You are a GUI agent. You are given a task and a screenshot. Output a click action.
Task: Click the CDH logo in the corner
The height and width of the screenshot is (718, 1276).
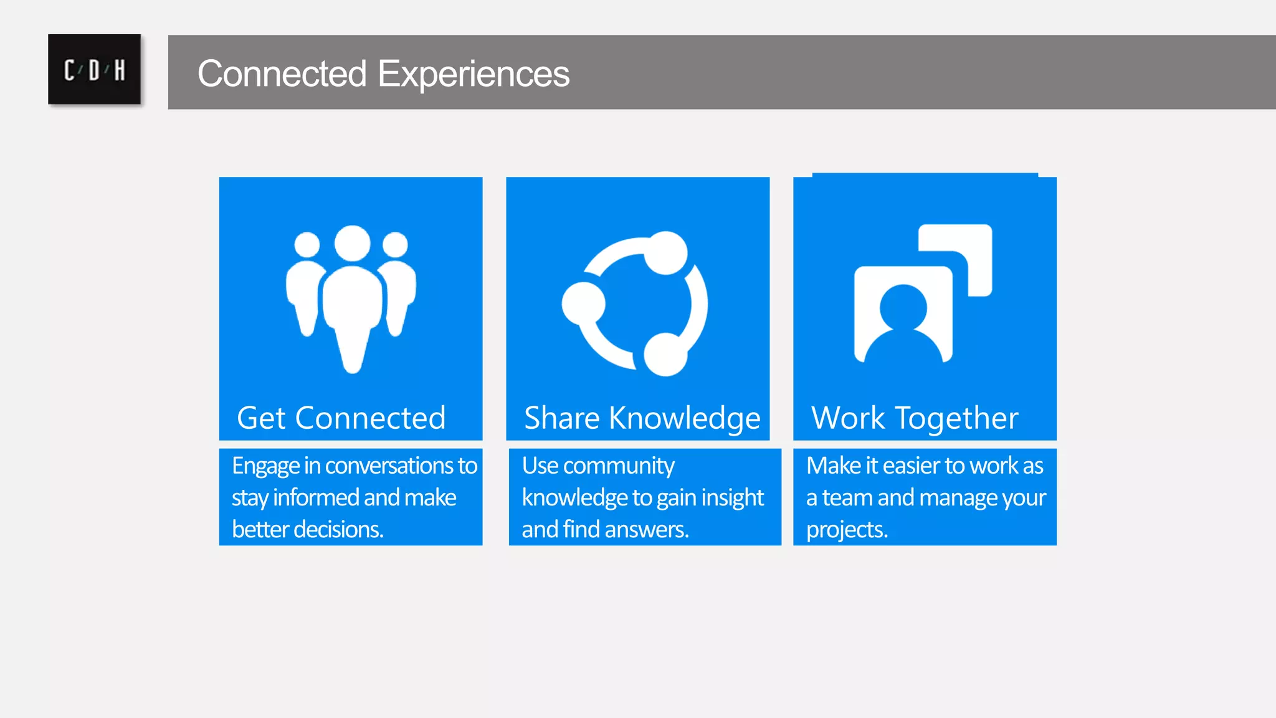coord(94,69)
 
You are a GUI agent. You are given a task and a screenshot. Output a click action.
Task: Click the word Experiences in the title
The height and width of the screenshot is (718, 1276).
coord(474,74)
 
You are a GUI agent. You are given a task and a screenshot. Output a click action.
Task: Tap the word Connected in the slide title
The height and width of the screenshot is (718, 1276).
coord(282,74)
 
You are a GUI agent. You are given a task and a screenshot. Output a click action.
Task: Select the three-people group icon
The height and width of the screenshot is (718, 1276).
coord(351,298)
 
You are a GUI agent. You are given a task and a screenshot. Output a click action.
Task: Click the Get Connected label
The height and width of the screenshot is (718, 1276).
coord(341,418)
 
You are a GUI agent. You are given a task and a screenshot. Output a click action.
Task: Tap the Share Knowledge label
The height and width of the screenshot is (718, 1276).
coord(642,418)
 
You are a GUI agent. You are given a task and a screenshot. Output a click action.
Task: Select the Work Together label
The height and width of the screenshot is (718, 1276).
coord(915,418)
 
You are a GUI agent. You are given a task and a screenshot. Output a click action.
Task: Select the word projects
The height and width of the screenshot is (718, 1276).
coord(847,530)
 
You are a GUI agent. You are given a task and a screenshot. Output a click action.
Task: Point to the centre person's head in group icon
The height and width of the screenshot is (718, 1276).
coord(352,242)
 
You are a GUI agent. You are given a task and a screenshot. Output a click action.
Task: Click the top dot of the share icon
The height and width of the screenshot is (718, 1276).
coord(665,252)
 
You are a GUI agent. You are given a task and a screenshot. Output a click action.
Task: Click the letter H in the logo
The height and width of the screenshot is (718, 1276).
coord(120,70)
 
